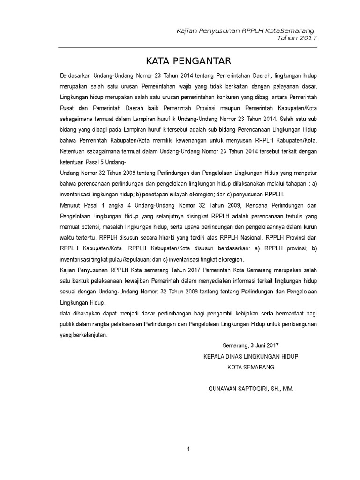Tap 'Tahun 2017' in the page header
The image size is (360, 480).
(x=297, y=38)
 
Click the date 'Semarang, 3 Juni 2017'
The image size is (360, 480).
(x=250, y=346)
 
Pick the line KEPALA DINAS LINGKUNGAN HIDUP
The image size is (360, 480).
(x=251, y=357)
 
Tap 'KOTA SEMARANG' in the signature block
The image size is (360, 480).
(x=251, y=367)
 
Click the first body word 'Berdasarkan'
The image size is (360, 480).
(x=74, y=76)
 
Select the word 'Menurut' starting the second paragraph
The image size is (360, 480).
(x=70, y=205)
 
